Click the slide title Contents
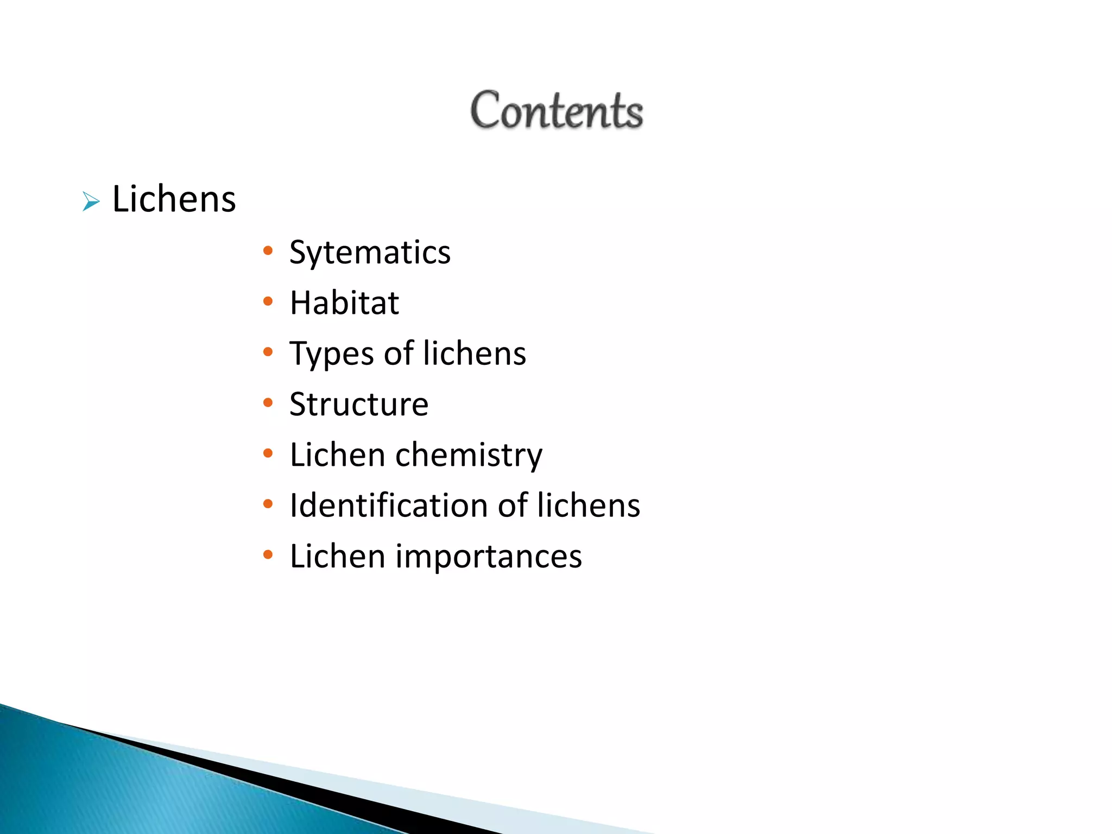pos(557,111)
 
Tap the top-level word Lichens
pos(174,199)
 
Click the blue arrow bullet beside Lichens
pos(91,202)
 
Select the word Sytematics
pos(370,253)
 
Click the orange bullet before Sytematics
pos(268,251)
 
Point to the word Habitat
pos(344,303)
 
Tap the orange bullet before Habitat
pos(268,301)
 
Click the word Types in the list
pos(332,354)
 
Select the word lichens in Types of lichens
pos(475,353)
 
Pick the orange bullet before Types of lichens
pos(268,352)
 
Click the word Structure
pos(359,405)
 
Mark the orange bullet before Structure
pos(268,403)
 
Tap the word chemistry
pos(469,455)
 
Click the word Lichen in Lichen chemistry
pos(337,455)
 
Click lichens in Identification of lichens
pos(589,506)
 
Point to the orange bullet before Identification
pos(268,504)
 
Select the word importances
pos(489,557)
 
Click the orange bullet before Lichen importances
pos(268,555)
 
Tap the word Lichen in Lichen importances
pos(337,557)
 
